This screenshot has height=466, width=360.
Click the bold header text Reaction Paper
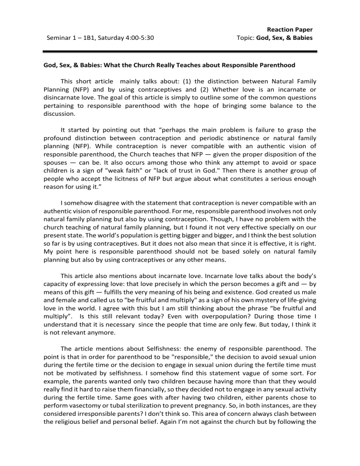coord(289,29)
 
